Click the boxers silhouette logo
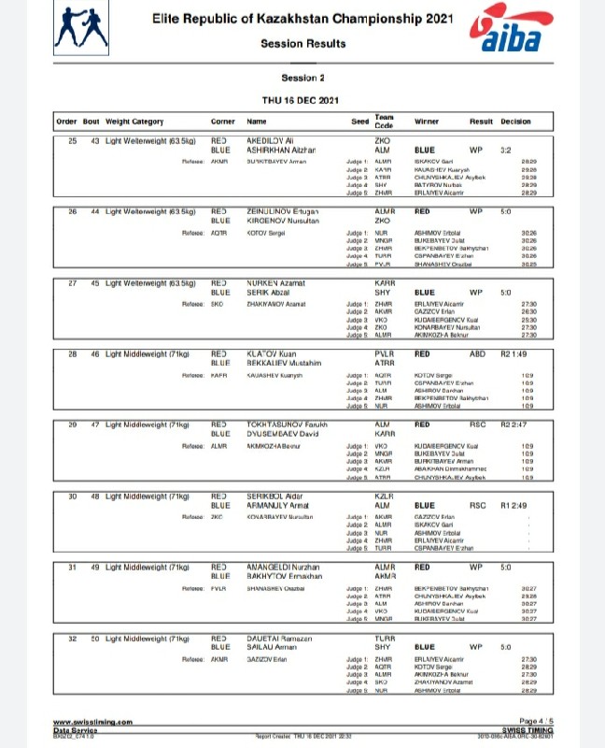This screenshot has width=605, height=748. (x=82, y=30)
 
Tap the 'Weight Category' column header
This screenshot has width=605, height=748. (x=134, y=122)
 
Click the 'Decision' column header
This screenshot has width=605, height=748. (x=515, y=122)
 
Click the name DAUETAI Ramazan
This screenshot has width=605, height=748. (x=279, y=639)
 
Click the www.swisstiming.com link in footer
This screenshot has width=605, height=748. (x=92, y=721)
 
